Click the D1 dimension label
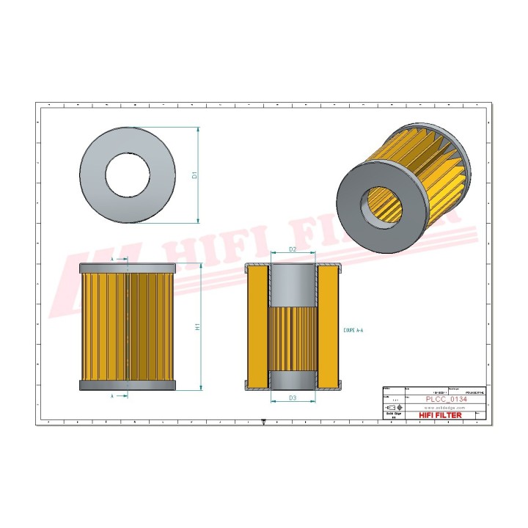194,175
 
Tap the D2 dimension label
292,250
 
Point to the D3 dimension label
292,398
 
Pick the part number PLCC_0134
447,399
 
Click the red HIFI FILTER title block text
440,415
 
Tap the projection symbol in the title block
392,407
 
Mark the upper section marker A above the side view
112,259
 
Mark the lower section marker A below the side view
112,395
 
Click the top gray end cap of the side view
127,268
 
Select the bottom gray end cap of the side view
127,385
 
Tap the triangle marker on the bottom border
263,422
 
